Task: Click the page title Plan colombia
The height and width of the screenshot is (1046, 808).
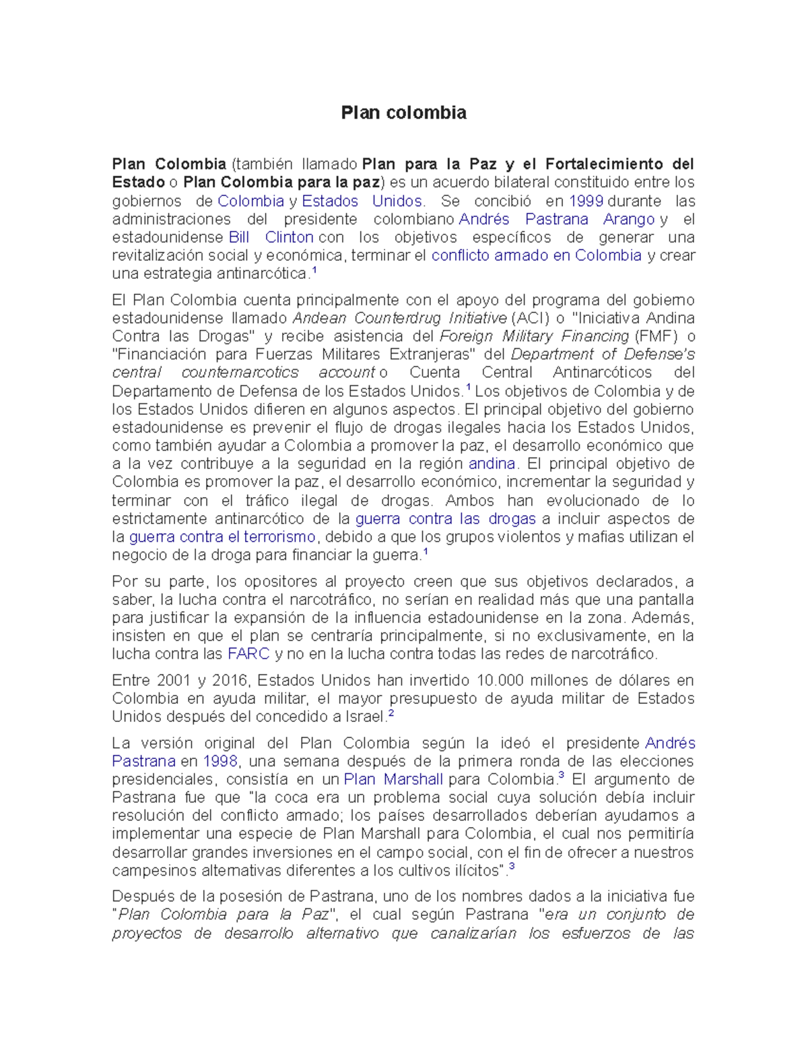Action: (x=403, y=112)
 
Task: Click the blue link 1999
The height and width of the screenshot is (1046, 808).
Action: (x=586, y=201)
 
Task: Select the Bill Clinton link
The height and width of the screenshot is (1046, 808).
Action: (x=271, y=238)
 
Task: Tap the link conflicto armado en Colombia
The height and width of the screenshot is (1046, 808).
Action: (x=536, y=256)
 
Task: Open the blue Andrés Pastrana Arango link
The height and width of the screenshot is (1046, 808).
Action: (x=556, y=220)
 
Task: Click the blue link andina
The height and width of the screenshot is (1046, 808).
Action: (x=492, y=464)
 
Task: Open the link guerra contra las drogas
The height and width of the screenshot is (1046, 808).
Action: (x=445, y=519)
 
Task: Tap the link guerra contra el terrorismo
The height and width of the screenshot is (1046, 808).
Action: (x=222, y=537)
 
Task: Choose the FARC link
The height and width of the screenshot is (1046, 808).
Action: (x=248, y=654)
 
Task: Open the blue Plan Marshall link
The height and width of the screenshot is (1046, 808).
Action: (x=393, y=780)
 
